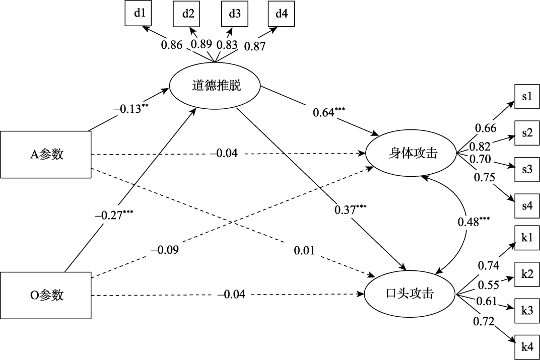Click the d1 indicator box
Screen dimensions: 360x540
pyautogui.click(x=140, y=14)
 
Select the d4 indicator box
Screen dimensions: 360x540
pyautogui.click(x=282, y=14)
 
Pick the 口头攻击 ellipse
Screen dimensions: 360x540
pyautogui.click(x=411, y=294)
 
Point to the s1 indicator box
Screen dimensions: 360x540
pyautogui.click(x=527, y=96)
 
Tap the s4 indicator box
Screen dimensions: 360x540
pyautogui.click(x=527, y=206)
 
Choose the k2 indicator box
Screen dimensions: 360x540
pyautogui.click(x=527, y=273)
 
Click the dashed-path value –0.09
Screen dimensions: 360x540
pyautogui.click(x=165, y=250)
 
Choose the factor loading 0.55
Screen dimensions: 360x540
pyautogui.click(x=489, y=285)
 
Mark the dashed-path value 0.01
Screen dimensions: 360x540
pyautogui.click(x=304, y=250)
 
